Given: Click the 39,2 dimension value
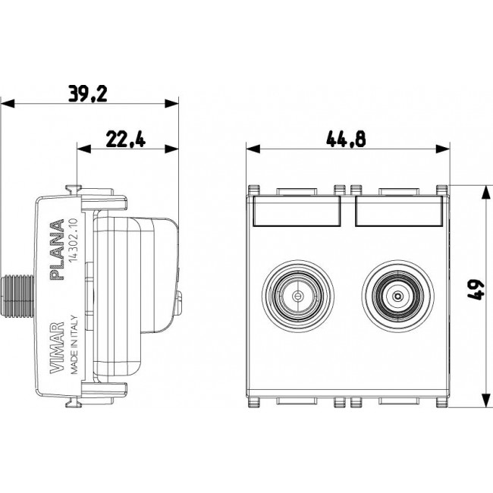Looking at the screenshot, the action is pos(88,93).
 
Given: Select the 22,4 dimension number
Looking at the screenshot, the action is pos(126,140).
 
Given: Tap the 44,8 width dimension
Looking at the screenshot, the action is pos(346,140).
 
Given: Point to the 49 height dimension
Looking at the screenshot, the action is pos(475,290).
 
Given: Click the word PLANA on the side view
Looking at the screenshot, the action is pos(57,250).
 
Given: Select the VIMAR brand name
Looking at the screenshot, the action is pos(57,347).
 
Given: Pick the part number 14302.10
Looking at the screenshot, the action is pos(73,240).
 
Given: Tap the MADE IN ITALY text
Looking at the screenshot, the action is pos(74,344).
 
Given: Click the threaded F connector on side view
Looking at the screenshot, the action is pos(17,296).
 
